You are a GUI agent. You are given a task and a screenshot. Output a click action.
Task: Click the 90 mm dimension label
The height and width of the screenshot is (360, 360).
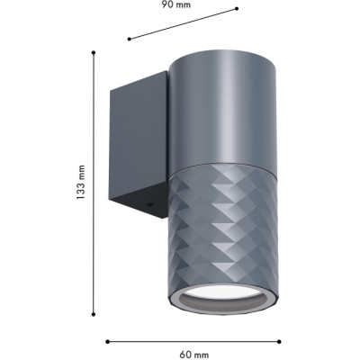[176, 4]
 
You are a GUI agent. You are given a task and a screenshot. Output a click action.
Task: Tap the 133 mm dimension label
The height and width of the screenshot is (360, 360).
[80, 182]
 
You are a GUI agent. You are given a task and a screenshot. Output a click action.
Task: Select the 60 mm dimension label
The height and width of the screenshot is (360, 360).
[194, 355]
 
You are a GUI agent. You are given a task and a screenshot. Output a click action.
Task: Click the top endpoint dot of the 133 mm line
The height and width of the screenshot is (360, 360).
[94, 52]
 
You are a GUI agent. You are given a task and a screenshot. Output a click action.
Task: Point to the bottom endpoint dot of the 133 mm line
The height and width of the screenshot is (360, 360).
[94, 314]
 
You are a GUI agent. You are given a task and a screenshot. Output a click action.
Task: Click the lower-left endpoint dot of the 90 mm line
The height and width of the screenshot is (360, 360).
[130, 39]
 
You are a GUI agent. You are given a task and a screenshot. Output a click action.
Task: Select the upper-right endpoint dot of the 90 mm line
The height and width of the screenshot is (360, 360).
[237, 9]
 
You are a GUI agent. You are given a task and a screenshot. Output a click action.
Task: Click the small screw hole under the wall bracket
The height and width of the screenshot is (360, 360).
[148, 205]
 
